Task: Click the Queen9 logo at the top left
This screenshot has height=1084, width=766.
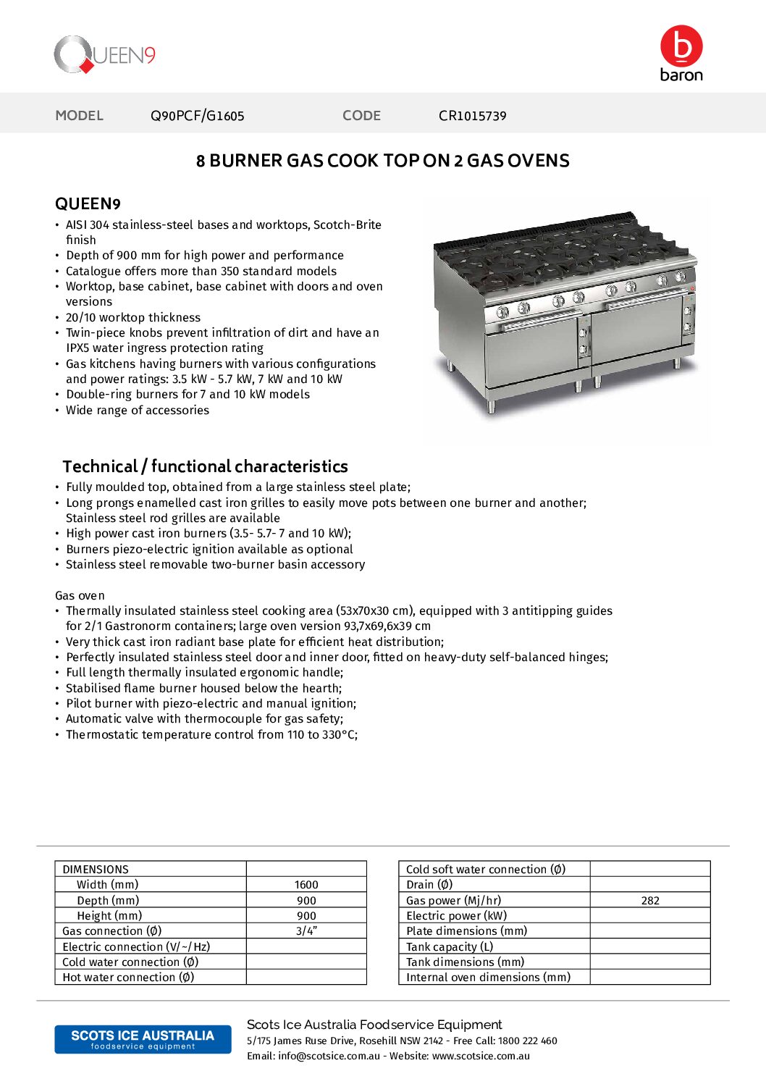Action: pyautogui.click(x=105, y=55)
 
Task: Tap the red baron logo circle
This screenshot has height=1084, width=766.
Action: pyautogui.click(x=681, y=46)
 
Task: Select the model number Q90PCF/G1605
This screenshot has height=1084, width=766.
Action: pyautogui.click(x=197, y=116)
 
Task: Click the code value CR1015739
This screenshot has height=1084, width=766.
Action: pyautogui.click(x=472, y=116)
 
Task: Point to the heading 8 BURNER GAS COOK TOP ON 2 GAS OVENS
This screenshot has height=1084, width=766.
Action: pyautogui.click(x=382, y=161)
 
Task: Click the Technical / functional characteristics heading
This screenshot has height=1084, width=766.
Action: pyautogui.click(x=205, y=466)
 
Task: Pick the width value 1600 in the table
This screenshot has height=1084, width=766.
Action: pyautogui.click(x=306, y=885)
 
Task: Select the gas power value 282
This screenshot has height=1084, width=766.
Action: pyautogui.click(x=650, y=901)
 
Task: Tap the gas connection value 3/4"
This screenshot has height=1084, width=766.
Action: pyautogui.click(x=306, y=931)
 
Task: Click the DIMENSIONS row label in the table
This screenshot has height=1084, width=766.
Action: pyautogui.click(x=96, y=869)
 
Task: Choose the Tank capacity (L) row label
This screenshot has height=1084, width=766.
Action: pyautogui.click(x=450, y=947)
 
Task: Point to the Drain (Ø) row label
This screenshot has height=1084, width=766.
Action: pyautogui.click(x=429, y=885)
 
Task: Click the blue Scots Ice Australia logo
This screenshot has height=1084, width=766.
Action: pyautogui.click(x=143, y=1039)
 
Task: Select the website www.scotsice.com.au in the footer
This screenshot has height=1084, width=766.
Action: pyautogui.click(x=481, y=1056)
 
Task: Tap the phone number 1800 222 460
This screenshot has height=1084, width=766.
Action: pyautogui.click(x=527, y=1041)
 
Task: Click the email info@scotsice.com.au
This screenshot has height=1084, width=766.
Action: pyautogui.click(x=329, y=1056)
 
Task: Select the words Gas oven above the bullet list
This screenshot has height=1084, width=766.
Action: pyautogui.click(x=80, y=595)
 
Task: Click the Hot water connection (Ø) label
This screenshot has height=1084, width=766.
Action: pyautogui.click(x=128, y=978)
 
